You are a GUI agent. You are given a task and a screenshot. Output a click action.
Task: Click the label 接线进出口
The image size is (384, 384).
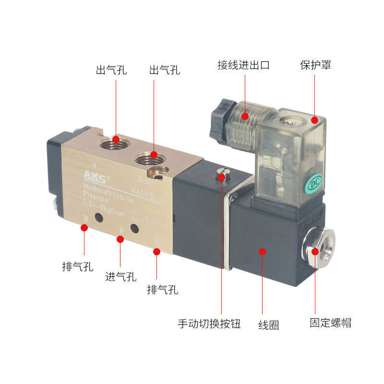click(x=243, y=65)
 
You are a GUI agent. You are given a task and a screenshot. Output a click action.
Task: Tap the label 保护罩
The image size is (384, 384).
click(x=315, y=65)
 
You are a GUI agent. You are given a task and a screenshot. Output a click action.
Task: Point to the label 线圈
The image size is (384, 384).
click(x=269, y=325)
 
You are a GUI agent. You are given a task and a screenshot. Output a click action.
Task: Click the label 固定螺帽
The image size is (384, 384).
click(x=330, y=323)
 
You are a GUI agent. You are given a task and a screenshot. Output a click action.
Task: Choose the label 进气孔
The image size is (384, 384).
click(x=121, y=276)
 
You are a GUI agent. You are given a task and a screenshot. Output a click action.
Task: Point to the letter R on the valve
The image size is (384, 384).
click(x=85, y=219)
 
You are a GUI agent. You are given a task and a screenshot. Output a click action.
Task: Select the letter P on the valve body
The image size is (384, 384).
click(x=121, y=230)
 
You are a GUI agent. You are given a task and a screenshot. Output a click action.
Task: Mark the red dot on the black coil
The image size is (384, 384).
click(x=262, y=251)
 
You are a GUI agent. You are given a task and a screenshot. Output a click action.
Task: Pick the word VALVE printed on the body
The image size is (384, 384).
click(x=143, y=196)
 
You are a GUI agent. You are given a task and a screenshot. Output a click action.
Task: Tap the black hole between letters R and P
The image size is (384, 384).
click(x=99, y=219)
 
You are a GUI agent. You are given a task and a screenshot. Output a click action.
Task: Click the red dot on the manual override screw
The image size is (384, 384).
click(x=221, y=177)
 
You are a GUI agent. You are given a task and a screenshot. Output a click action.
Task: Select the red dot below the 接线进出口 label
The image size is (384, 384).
click(x=245, y=116)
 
